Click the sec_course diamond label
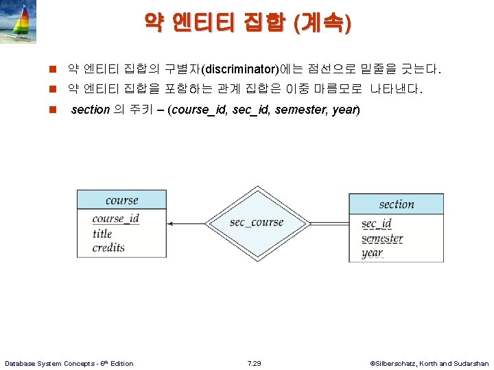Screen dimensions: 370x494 tap(256, 223)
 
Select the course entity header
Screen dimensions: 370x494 tap(121, 200)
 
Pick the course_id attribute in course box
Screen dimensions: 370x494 tap(115, 219)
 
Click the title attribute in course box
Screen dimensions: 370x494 tap(102, 234)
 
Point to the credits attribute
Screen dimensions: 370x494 tap(108, 247)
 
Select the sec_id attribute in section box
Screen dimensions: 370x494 tap(376, 224)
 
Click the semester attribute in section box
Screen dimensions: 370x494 tap(381, 238)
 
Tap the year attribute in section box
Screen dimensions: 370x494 tap(372, 253)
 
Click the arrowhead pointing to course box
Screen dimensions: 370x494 tap(172, 223)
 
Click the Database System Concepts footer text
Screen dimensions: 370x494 tap(69, 363)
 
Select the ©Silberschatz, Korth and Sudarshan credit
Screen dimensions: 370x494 tap(429, 363)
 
